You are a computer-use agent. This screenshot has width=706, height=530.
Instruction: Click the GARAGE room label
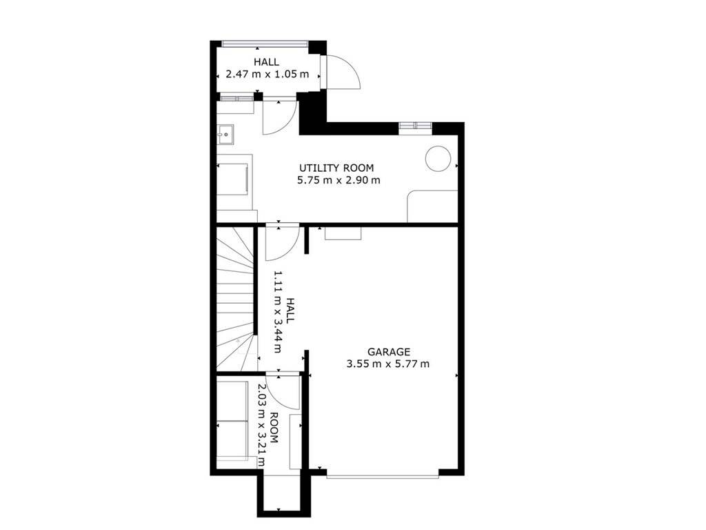(389, 351)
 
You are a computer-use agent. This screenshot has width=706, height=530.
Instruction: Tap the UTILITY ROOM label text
(336, 168)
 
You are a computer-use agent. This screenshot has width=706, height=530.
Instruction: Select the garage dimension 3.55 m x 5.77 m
(387, 364)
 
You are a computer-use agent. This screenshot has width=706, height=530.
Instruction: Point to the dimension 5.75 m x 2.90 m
(339, 180)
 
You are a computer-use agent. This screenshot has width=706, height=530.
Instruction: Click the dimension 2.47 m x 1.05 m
(267, 74)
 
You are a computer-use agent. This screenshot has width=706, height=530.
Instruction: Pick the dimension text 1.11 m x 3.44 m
(278, 312)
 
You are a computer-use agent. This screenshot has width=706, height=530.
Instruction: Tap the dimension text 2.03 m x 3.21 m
(261, 425)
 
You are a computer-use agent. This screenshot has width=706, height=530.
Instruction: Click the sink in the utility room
(225, 135)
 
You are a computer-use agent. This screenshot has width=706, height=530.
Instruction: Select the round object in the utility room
(438, 158)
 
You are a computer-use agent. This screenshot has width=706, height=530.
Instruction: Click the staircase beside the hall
(236, 297)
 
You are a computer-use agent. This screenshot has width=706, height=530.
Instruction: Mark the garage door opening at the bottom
(382, 475)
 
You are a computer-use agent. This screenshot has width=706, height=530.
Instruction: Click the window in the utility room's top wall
(415, 126)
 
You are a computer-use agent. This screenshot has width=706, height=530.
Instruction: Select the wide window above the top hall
(265, 43)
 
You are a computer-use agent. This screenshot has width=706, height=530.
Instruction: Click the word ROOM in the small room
(274, 428)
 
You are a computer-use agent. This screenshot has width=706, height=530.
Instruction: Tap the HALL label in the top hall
(266, 62)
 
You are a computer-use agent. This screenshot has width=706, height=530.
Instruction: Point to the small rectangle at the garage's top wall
(343, 233)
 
